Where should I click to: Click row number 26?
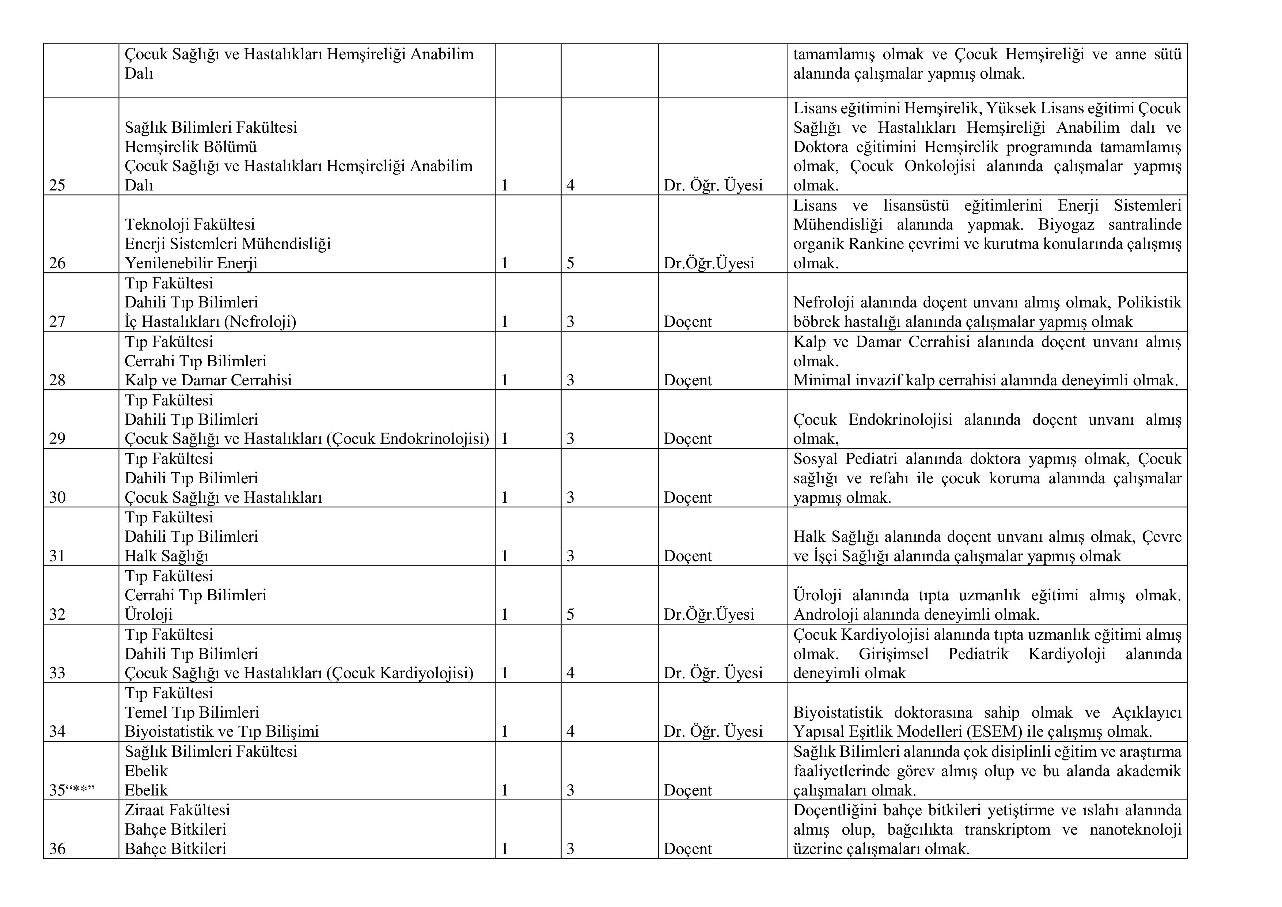(x=57, y=263)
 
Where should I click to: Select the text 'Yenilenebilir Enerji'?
(x=191, y=263)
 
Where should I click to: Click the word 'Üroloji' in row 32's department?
(x=148, y=614)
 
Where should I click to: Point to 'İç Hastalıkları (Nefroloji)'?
(x=210, y=322)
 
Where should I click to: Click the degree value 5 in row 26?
(x=570, y=263)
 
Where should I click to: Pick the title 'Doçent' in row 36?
(x=687, y=849)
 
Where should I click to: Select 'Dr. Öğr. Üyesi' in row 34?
(x=713, y=732)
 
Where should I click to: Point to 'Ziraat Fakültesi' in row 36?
(x=177, y=810)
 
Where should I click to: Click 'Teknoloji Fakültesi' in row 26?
(x=189, y=224)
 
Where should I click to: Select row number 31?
(x=57, y=556)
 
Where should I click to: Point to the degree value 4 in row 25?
(x=570, y=185)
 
